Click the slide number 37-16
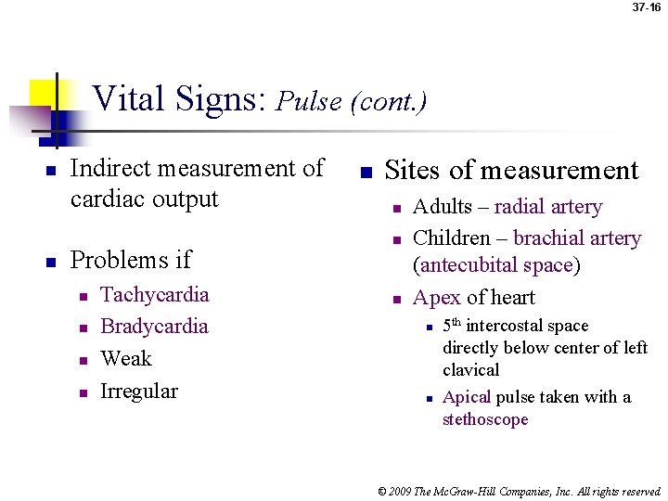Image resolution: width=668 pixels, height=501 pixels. [647, 7]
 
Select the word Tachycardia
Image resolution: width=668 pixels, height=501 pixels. [154, 295]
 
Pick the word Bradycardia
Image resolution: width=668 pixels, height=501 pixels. [154, 327]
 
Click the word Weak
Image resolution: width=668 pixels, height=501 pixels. [125, 359]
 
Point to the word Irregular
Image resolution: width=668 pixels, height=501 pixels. [138, 391]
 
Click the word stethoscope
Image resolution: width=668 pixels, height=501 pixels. [485, 419]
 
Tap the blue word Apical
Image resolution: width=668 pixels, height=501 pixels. [466, 397]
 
